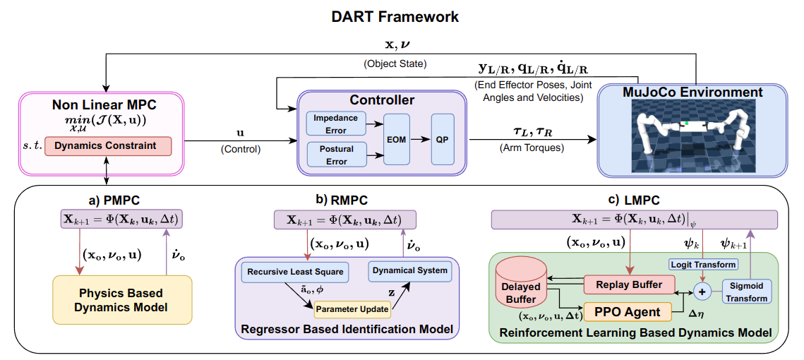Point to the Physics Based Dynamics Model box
pyautogui.click(x=122, y=299)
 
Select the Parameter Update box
pyautogui.click(x=352, y=308)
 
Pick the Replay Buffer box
pyautogui.click(x=628, y=284)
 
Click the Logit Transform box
pyautogui.click(x=702, y=265)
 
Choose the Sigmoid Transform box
pyautogui.click(x=747, y=293)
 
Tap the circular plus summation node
pyautogui.click(x=702, y=290)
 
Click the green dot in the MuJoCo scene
pyautogui.click(x=685, y=124)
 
